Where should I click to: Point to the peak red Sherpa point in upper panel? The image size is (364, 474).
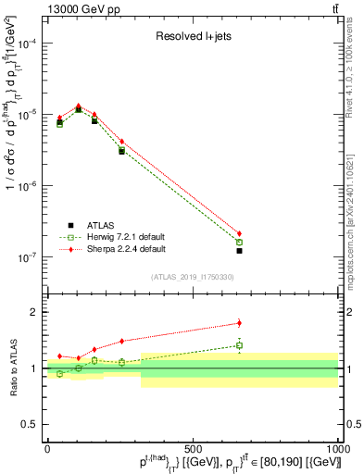pyautogui.click(x=79, y=106)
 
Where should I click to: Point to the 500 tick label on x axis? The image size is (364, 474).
pyautogui.click(x=193, y=449)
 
